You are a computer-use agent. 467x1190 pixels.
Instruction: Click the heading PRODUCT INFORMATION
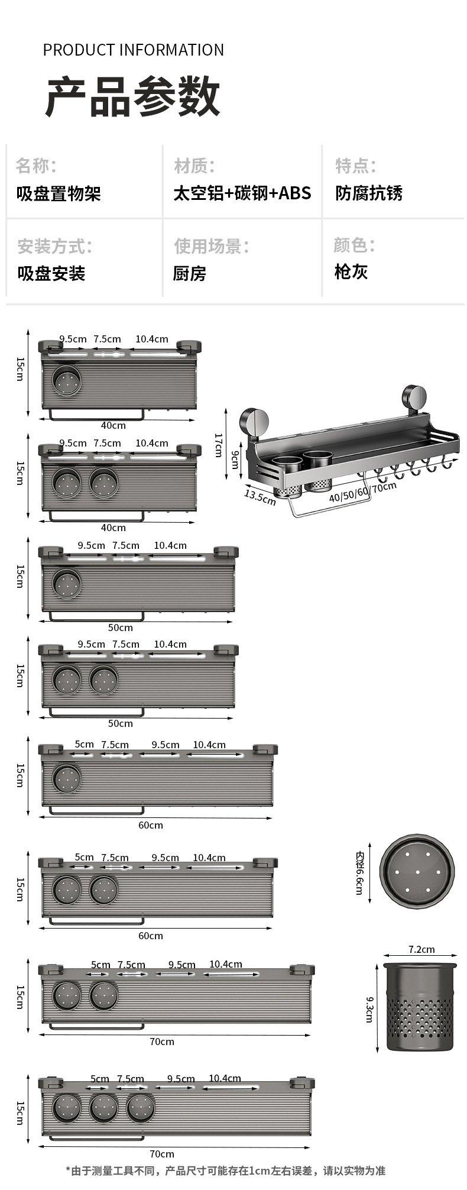point(133,50)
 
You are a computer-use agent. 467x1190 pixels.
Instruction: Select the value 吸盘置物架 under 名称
point(59,193)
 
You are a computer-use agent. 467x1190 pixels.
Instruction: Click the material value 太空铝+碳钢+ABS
point(242,193)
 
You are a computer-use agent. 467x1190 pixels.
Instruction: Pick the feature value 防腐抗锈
point(369,193)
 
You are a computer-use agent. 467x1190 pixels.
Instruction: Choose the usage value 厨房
point(189,273)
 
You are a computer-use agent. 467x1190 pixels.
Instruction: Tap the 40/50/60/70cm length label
point(362,492)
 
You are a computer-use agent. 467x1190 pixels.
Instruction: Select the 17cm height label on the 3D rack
point(218,445)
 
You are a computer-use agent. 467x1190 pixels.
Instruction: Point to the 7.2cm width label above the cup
point(421,949)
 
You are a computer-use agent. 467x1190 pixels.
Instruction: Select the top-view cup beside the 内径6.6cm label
point(417,872)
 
